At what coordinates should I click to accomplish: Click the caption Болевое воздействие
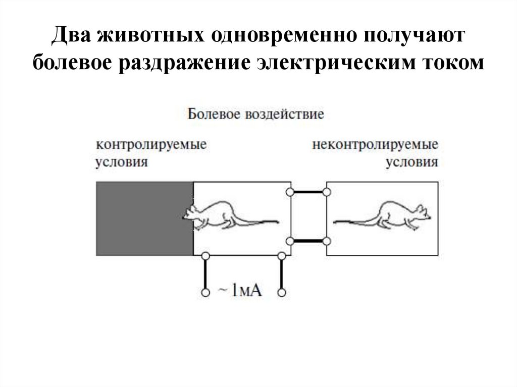[256, 114]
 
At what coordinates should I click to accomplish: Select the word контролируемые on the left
[152, 144]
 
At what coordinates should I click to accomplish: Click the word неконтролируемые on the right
[375, 144]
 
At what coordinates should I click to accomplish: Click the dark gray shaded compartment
[145, 218]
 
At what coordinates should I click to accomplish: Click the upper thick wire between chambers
[308, 192]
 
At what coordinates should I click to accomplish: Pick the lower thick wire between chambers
[308, 241]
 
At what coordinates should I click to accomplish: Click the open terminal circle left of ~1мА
[205, 292]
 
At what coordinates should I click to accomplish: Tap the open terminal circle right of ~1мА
[282, 292]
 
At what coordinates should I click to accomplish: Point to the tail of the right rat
[353, 221]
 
